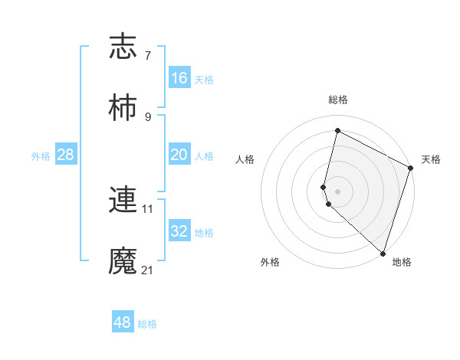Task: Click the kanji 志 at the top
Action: click(123, 47)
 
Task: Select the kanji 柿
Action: click(123, 108)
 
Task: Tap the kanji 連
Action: click(123, 200)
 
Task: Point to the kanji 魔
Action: click(123, 260)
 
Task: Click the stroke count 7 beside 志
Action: click(147, 56)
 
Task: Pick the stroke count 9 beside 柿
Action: click(147, 116)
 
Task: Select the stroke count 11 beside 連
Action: click(148, 208)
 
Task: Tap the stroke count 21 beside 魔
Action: click(148, 270)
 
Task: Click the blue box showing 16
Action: click(179, 78)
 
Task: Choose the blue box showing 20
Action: click(179, 155)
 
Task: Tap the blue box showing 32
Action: click(179, 231)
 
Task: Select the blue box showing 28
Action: click(66, 155)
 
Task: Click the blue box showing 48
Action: click(123, 322)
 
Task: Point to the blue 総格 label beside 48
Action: click(147, 324)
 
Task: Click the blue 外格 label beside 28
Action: click(41, 156)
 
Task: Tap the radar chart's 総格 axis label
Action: click(338, 100)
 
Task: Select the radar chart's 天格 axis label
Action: click(432, 159)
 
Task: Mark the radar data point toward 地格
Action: click(383, 252)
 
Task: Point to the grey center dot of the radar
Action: click(338, 191)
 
